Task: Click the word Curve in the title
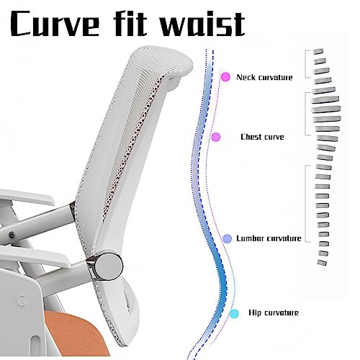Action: tap(55, 24)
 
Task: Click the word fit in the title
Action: tap(131, 23)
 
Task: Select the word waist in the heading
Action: tap(202, 23)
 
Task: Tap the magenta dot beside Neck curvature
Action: tap(225, 77)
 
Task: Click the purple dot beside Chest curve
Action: tap(216, 137)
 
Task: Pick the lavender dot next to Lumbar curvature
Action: tap(228, 238)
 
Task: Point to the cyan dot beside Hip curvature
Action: tap(234, 313)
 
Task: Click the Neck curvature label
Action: tap(264, 77)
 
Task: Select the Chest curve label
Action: tap(262, 137)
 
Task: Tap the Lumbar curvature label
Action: tap(269, 238)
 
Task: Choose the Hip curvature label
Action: tap(274, 312)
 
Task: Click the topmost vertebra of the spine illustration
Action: tap(318, 51)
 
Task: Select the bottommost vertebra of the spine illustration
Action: tap(322, 263)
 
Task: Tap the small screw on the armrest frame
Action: tap(11, 235)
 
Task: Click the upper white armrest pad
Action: tap(27, 197)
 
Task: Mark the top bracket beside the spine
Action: tap(307, 64)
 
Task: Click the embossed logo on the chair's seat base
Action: tap(20, 300)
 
